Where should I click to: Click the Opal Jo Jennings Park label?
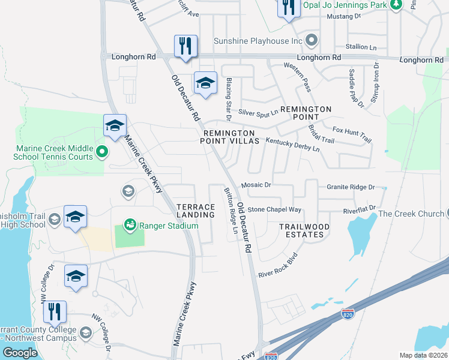point(345,5)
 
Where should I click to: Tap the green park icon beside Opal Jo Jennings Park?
point(396,5)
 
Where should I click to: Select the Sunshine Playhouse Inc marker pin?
point(311,41)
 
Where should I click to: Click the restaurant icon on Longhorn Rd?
point(185,47)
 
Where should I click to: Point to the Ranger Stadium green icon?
point(128,225)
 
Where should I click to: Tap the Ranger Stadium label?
point(168,226)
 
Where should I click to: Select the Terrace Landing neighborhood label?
point(196,210)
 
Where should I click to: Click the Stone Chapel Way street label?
point(274,209)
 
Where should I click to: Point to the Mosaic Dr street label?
point(256,185)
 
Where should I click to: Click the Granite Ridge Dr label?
point(351,187)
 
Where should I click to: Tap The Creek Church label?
point(410,214)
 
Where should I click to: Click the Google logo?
point(20,353)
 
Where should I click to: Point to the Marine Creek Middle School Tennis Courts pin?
point(101,151)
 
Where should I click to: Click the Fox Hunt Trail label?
point(352,134)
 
